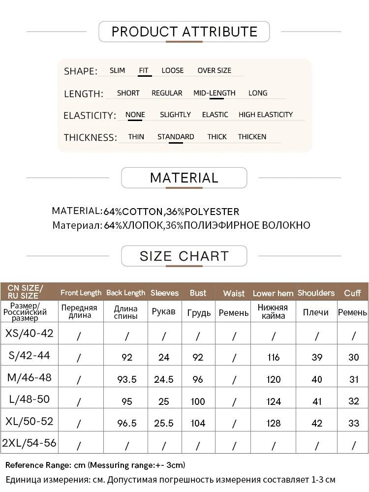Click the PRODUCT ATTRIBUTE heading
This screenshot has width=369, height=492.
click(x=184, y=32)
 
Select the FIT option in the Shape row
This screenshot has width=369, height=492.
click(x=144, y=70)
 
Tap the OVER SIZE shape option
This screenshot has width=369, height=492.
click(x=215, y=70)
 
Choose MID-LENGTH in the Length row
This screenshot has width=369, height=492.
click(x=215, y=93)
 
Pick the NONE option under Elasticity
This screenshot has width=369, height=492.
click(x=135, y=115)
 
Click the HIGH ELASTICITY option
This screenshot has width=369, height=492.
click(x=266, y=115)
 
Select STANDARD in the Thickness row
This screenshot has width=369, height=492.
click(x=176, y=137)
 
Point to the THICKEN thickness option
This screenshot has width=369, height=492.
click(x=252, y=137)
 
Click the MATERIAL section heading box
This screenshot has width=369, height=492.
click(x=184, y=178)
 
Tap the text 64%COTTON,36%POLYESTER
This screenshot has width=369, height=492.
click(x=171, y=212)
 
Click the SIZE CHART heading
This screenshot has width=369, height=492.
click(x=184, y=256)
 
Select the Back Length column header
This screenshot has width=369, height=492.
click(x=126, y=293)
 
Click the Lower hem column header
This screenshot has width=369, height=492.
click(x=273, y=293)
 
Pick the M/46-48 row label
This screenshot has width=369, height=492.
click(x=30, y=378)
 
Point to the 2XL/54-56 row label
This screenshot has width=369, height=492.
click(x=30, y=443)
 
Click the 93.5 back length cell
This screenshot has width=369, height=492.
click(x=127, y=379)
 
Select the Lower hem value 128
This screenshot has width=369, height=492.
click(x=274, y=423)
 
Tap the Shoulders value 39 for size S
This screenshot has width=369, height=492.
click(x=317, y=357)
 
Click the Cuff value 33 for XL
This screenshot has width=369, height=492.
click(x=353, y=423)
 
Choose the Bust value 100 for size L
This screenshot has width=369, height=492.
click(x=198, y=401)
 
